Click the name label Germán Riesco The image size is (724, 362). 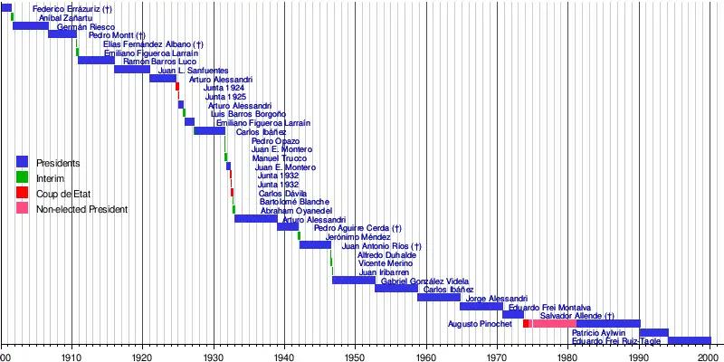[86, 27]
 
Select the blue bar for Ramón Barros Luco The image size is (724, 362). [132, 69]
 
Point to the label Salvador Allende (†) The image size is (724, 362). [577, 316]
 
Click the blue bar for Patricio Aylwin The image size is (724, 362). [653, 332]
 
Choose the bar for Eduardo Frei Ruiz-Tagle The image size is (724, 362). [689, 340]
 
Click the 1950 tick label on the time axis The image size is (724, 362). [355, 357]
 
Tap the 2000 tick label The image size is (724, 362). [709, 357]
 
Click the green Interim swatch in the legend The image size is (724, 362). [23, 178]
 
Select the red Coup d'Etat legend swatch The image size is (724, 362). [23, 194]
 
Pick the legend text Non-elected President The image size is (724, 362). [81, 210]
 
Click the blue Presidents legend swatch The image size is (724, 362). [23, 163]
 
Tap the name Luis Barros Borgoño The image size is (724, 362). [248, 114]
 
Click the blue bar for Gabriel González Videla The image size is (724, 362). [396, 288]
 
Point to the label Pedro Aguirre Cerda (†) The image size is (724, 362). [357, 228]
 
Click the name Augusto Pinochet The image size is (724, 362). [480, 324]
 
